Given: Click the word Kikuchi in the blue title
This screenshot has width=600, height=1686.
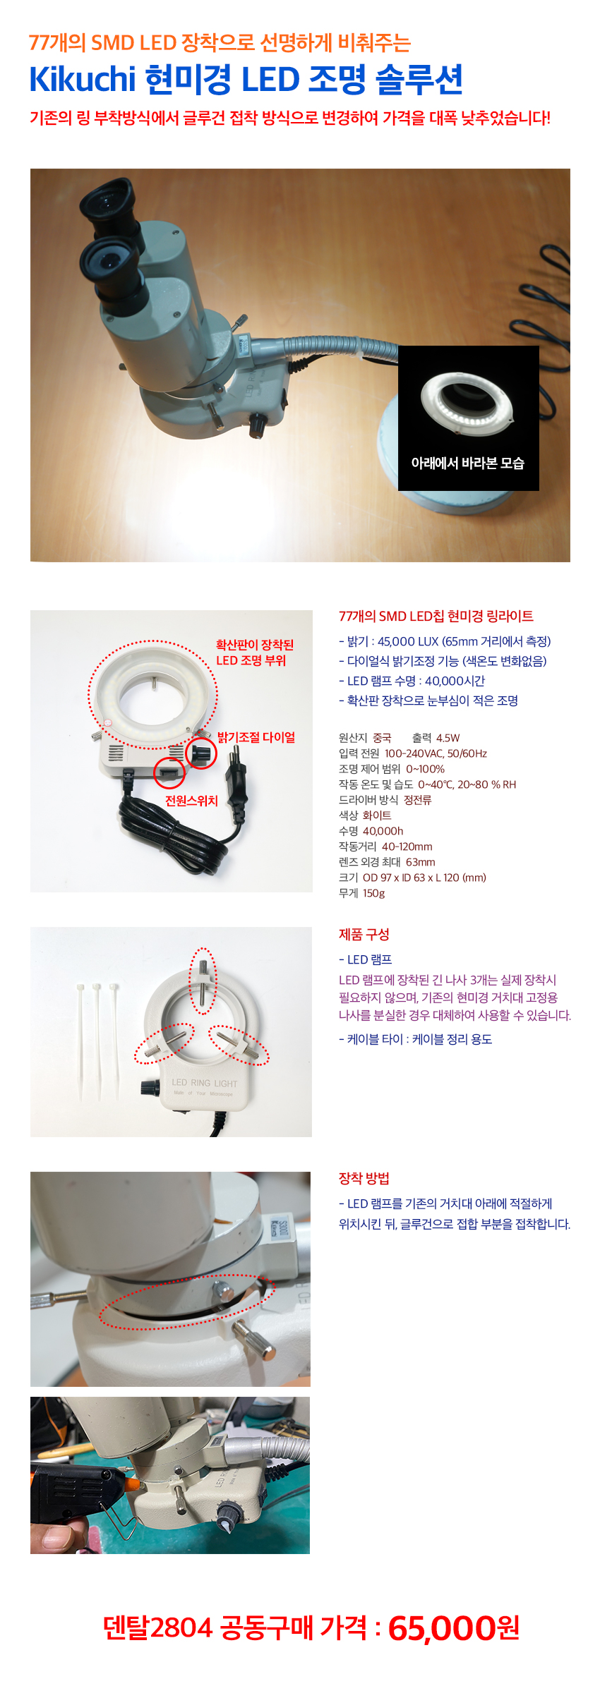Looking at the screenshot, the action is (82, 79).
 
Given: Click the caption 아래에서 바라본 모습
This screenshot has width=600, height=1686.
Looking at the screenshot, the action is (468, 463).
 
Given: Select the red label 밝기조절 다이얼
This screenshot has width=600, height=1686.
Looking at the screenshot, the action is (256, 737).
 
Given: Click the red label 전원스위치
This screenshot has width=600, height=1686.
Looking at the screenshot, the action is (191, 801).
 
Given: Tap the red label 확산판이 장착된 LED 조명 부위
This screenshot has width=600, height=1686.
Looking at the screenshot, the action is (255, 653).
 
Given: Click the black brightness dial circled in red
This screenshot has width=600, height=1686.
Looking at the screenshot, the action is (201, 753).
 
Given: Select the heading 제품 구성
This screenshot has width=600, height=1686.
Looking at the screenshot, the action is (364, 934).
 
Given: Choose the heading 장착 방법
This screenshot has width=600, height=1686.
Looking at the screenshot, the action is (364, 1178).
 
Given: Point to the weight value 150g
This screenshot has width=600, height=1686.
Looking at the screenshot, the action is (374, 893).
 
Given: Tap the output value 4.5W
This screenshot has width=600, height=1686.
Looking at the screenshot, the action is (448, 738).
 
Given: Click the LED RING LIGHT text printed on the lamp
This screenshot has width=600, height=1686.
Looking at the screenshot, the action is (205, 1083).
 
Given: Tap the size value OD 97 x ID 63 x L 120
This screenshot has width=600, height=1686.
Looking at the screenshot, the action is (424, 878).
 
